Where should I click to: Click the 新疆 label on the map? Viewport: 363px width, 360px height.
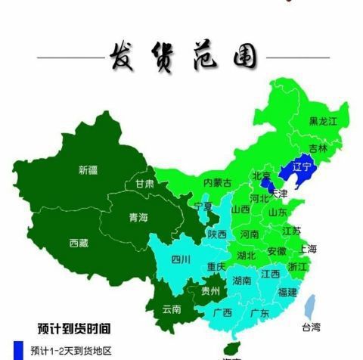[x=88, y=169]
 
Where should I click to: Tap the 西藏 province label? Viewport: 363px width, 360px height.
[x=79, y=243]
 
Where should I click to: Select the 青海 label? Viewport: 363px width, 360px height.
[x=138, y=218]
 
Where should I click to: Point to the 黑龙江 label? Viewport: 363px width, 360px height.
[x=323, y=121]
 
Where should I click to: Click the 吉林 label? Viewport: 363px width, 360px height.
[x=319, y=149]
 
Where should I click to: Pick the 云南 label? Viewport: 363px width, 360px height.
[x=172, y=309]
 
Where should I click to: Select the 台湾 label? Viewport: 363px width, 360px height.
[x=311, y=327]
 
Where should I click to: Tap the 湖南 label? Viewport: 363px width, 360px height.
[x=243, y=281]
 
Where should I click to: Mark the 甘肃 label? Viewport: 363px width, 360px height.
[x=144, y=184]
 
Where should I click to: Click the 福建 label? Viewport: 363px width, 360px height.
[x=287, y=291]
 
